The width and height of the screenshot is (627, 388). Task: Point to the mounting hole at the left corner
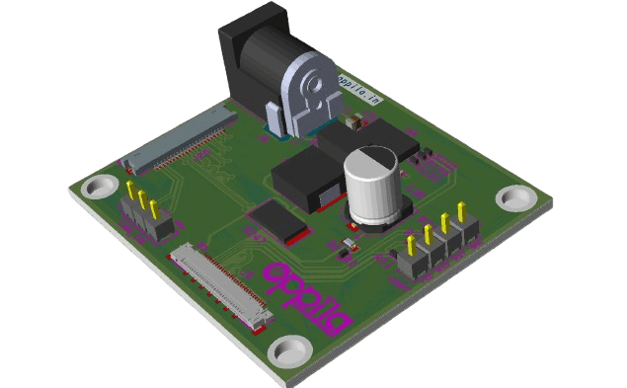coord(99,187)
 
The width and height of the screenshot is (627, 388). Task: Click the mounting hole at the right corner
coord(516,197)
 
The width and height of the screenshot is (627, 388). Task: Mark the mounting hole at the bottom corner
coord(289,350)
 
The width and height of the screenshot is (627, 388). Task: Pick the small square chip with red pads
coord(279,221)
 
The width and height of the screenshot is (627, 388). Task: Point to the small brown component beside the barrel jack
coord(351,125)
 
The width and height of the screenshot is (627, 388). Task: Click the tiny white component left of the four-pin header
coord(348,243)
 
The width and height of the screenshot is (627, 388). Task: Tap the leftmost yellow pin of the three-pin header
coord(131,190)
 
